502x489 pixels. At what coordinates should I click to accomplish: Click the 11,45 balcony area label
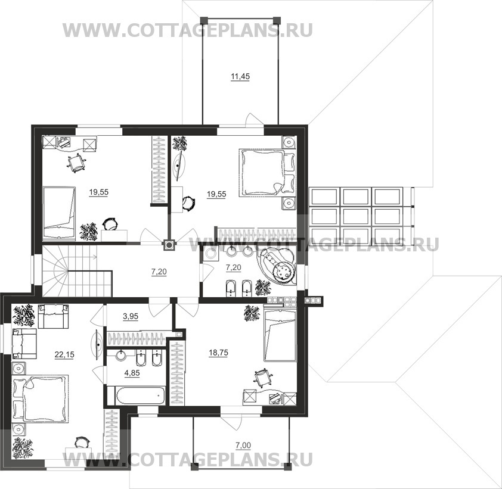click(240, 77)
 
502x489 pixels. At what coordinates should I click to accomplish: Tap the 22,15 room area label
click(64, 354)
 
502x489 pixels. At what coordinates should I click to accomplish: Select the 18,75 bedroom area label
click(218, 353)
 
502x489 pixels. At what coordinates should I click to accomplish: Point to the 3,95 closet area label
click(131, 317)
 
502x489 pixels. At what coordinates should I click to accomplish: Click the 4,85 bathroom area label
click(132, 373)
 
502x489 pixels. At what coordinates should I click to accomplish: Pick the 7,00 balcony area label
click(243, 445)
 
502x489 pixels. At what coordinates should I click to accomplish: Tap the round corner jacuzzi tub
click(278, 267)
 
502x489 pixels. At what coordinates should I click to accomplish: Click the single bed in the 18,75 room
click(280, 335)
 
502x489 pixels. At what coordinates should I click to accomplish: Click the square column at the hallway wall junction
click(169, 245)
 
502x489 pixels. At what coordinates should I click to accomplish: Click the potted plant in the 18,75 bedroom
click(252, 313)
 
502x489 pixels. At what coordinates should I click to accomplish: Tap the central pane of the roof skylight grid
click(356, 217)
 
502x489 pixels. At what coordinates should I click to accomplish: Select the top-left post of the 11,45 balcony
click(204, 20)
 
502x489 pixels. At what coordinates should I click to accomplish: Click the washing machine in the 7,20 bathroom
click(210, 253)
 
